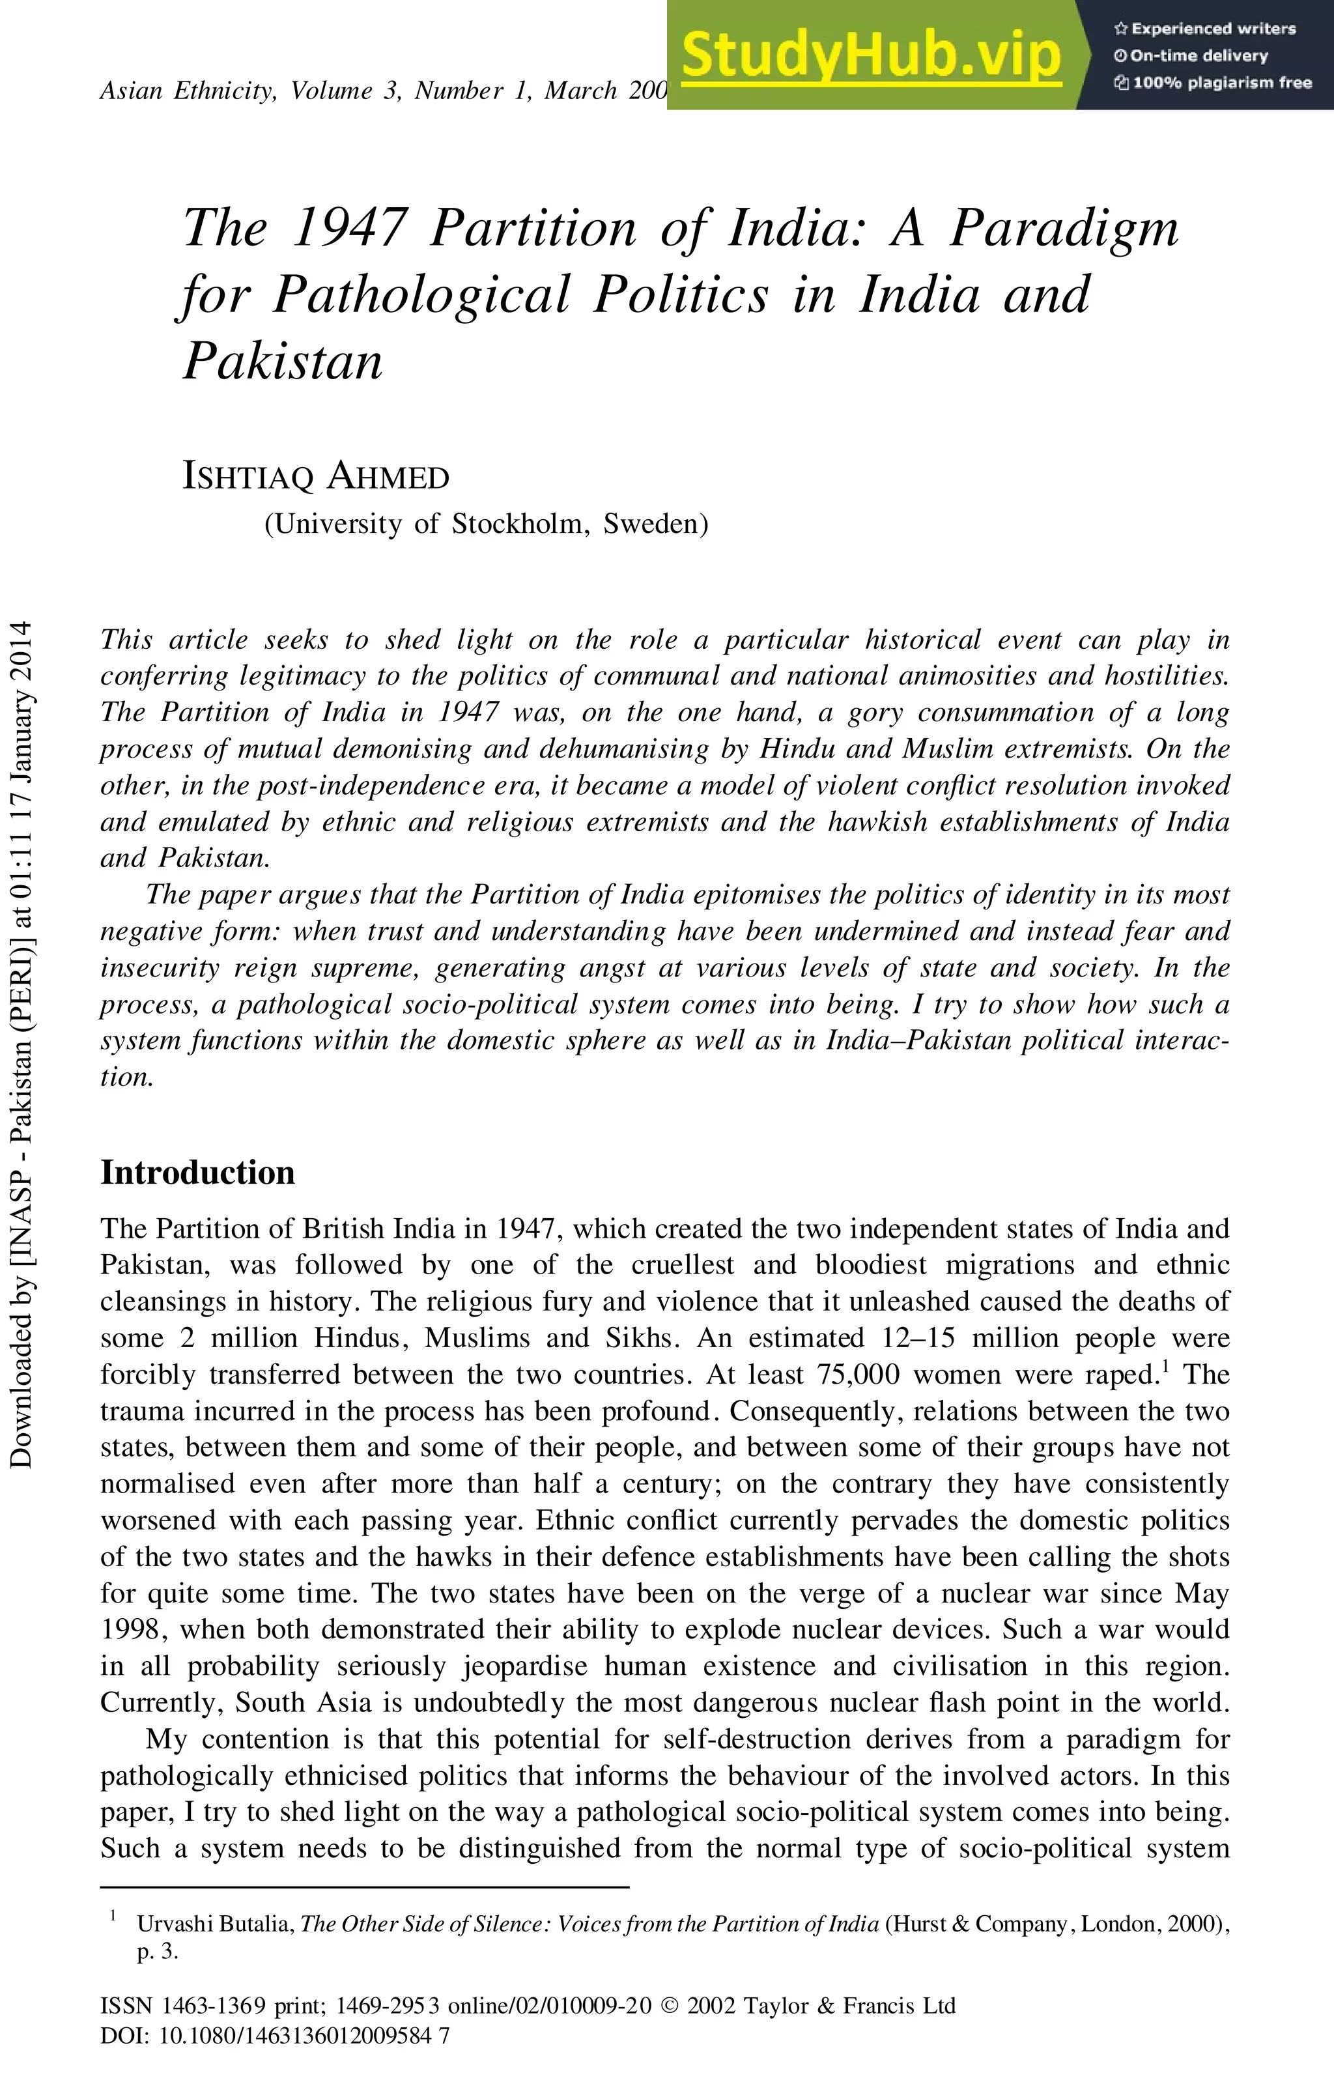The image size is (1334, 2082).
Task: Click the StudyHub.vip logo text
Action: (871, 55)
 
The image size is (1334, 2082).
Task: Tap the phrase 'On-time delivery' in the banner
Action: (1199, 56)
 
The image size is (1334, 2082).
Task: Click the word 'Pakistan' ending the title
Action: (283, 361)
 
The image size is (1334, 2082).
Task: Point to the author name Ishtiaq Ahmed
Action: (315, 476)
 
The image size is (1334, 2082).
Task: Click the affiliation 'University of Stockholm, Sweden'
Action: (486, 524)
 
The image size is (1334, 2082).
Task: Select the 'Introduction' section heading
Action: (197, 1172)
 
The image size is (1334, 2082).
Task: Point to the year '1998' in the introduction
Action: (131, 1629)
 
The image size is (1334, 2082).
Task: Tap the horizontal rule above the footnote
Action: (364, 1887)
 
